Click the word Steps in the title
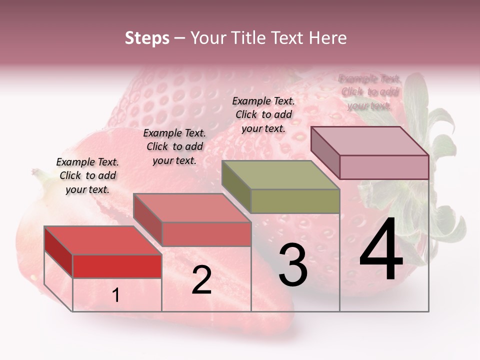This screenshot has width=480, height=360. pyautogui.click(x=147, y=38)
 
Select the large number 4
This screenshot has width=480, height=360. pyautogui.click(x=381, y=251)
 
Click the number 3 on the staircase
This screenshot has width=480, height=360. pyautogui.click(x=293, y=265)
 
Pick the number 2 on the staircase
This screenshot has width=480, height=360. pyautogui.click(x=201, y=280)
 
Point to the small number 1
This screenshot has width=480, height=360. pyautogui.click(x=116, y=295)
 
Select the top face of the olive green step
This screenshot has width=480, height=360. pyautogui.click(x=280, y=175)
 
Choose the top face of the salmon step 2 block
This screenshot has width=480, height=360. pyautogui.click(x=191, y=208)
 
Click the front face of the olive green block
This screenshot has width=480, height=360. pyautogui.click(x=295, y=201)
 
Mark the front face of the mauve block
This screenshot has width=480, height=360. pyautogui.click(x=384, y=167)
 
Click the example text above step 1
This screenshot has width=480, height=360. pyautogui.click(x=87, y=175)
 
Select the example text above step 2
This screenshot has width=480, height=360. pyautogui.click(x=174, y=146)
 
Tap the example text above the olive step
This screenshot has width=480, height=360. pyautogui.click(x=263, y=114)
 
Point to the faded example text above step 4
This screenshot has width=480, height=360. pyautogui.click(x=369, y=92)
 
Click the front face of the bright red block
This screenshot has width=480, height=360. pyautogui.click(x=117, y=266)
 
